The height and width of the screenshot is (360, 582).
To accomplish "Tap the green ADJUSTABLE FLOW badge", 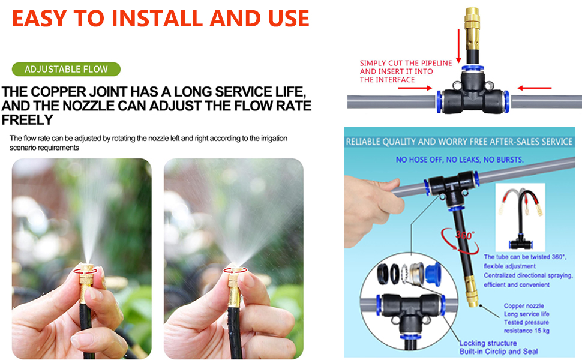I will coord(66,69).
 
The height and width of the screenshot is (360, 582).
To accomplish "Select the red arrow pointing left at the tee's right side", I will coord(534,88).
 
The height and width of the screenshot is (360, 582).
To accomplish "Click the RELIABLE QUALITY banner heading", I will coord(459,142).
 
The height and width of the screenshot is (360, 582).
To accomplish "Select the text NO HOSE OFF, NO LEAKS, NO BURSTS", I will coord(460,160).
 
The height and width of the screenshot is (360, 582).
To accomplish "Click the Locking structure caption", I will coord(488,343).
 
